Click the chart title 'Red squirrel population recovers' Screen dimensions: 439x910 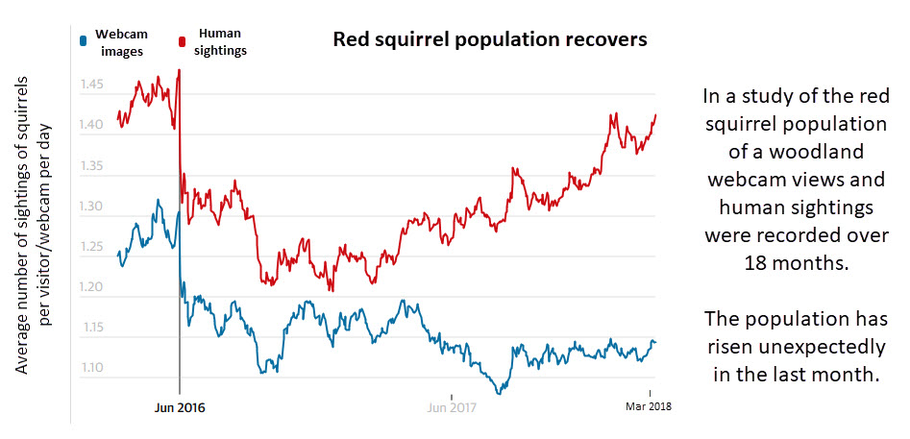(x=490, y=40)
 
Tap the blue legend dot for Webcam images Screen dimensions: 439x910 (x=86, y=39)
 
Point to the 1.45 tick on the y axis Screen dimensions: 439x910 (x=92, y=85)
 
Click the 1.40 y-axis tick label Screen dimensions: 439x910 (x=92, y=126)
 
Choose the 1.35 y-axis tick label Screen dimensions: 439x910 (x=92, y=166)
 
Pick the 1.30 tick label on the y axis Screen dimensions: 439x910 (x=92, y=207)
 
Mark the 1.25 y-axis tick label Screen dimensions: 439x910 (x=92, y=247)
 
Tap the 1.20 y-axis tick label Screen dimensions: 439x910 (x=92, y=287)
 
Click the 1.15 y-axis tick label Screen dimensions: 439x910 (x=92, y=328)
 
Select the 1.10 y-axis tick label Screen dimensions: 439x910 (x=92, y=368)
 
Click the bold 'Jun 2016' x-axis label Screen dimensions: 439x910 (x=180, y=406)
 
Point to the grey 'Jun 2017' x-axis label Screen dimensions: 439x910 (x=451, y=406)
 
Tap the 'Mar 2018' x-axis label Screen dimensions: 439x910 (x=649, y=406)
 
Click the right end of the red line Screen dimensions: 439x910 (x=655, y=115)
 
